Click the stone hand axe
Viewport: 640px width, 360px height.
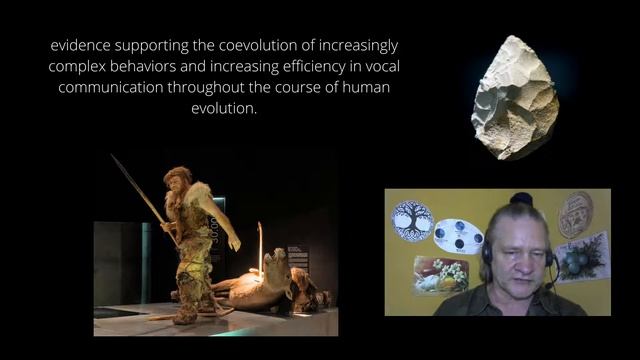click(x=514, y=97)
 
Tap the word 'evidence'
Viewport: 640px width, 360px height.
click(x=87, y=47)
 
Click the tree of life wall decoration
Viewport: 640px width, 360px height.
click(x=412, y=219)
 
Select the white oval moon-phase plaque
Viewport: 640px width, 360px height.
click(x=459, y=236)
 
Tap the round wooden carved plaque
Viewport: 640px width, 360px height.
click(x=575, y=214)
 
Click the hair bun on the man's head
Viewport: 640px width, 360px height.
click(x=521, y=199)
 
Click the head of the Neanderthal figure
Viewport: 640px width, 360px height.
click(x=177, y=179)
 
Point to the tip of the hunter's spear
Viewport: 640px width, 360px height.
click(x=113, y=157)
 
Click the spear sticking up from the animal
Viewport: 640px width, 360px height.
click(x=261, y=250)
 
